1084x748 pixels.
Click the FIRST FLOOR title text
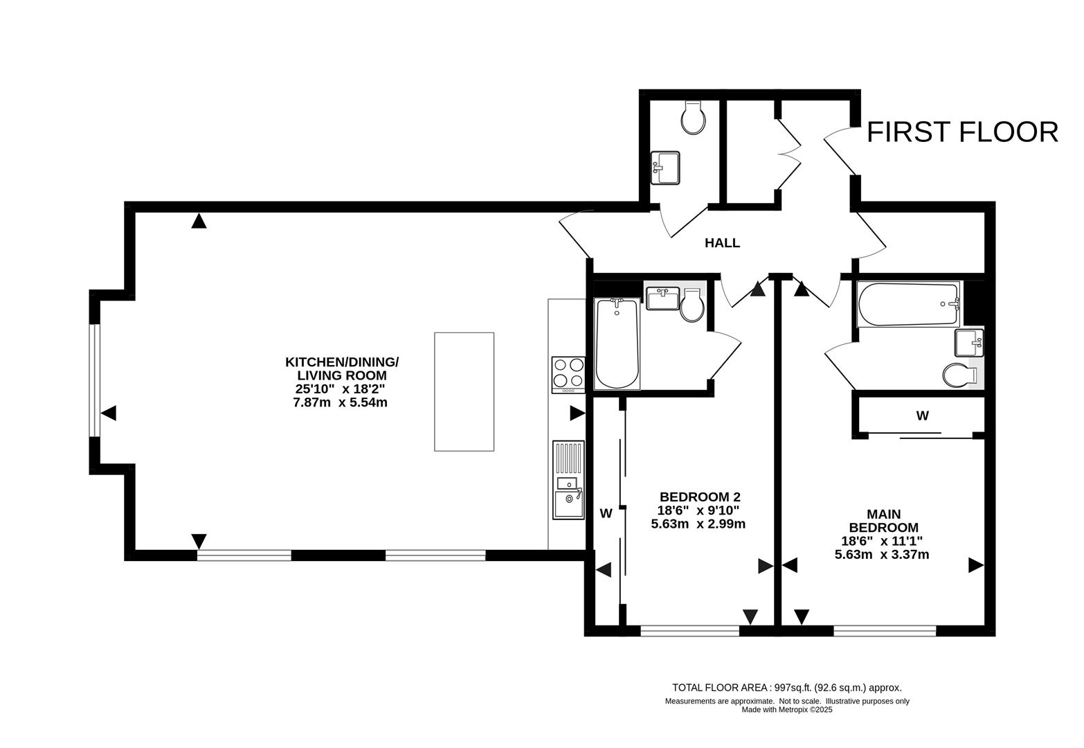point(962,132)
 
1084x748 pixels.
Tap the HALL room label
point(722,243)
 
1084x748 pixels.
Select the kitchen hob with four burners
point(568,373)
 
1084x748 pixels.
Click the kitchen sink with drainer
point(568,480)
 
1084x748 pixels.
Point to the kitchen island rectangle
point(464,391)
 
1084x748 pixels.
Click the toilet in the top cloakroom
point(693,118)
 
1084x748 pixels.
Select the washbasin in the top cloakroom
point(665,168)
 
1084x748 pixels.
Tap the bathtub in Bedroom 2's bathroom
point(617,344)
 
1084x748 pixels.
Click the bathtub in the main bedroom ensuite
point(907,303)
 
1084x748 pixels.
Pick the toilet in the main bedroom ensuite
point(959,375)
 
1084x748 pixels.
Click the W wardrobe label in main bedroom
point(922,416)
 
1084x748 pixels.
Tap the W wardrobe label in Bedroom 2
point(606,513)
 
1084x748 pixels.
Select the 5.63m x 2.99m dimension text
point(698,524)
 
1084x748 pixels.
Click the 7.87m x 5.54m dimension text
point(341,402)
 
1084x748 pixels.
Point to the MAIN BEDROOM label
point(883,521)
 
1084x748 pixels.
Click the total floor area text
point(787,688)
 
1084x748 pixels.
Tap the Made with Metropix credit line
point(787,709)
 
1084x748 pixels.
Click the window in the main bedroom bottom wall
point(885,630)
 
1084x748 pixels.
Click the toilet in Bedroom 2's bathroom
point(692,309)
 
